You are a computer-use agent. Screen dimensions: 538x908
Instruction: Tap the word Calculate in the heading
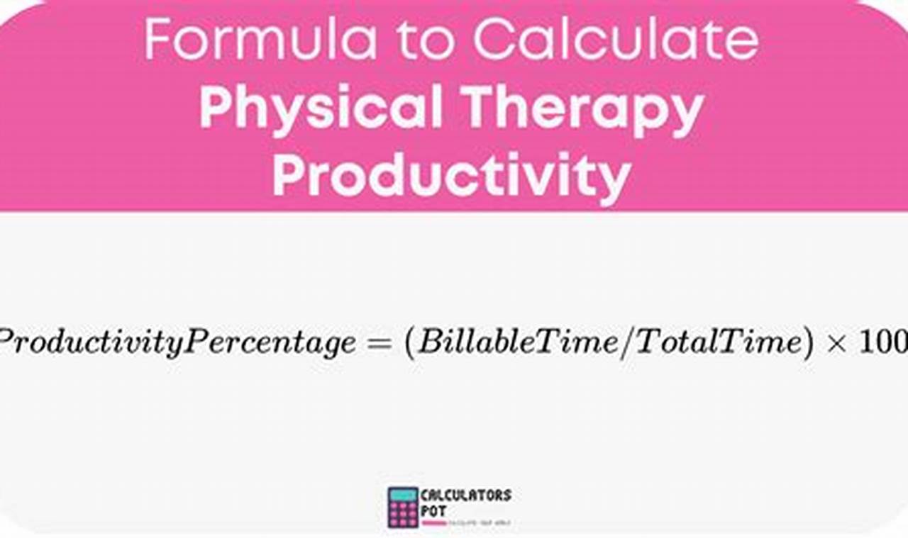616,40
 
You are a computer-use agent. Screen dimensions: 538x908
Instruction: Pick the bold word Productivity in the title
451,174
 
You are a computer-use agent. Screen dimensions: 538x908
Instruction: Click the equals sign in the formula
380,343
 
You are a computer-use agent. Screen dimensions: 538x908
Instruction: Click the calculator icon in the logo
403,506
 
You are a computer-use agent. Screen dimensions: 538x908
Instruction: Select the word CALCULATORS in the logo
466,495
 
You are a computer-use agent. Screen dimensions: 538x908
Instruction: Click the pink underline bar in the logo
435,523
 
